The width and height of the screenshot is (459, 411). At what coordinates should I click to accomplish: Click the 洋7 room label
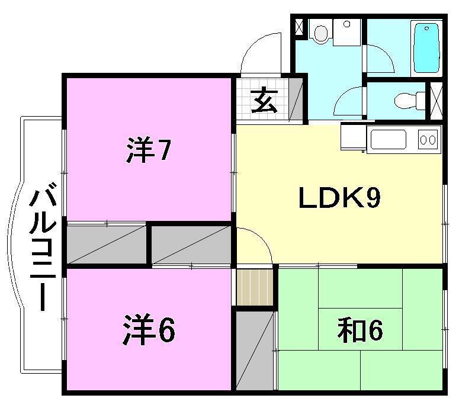click(x=148, y=150)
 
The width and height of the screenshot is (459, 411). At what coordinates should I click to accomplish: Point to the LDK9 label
click(x=340, y=198)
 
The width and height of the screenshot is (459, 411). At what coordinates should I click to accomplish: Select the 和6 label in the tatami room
click(x=360, y=331)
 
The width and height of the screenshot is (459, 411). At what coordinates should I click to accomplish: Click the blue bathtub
click(x=426, y=48)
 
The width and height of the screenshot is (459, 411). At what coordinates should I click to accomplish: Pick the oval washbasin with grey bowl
click(x=321, y=33)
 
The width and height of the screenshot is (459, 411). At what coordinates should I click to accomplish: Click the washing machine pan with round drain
click(x=347, y=32)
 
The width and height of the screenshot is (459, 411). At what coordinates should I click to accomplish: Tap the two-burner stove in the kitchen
click(x=428, y=139)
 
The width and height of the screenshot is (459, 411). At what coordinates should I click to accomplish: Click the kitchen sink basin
click(x=388, y=139)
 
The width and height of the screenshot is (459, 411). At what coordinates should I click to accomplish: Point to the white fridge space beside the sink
click(x=354, y=137)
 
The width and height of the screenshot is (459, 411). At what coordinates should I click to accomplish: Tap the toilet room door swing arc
click(x=348, y=102)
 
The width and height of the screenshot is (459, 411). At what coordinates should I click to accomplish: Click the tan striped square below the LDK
click(x=255, y=287)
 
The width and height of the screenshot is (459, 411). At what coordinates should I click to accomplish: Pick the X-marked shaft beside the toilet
click(x=436, y=101)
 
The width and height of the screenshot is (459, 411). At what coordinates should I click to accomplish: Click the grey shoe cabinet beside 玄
click(x=296, y=99)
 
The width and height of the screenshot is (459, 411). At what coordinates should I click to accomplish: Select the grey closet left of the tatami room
click(x=254, y=351)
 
